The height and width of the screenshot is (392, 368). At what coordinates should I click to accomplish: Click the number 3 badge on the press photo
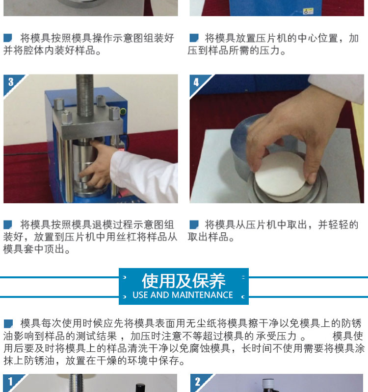[11, 82]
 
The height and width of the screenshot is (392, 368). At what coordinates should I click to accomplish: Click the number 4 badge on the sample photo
[196, 82]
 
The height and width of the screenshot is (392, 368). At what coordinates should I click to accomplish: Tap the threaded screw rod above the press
[84, 95]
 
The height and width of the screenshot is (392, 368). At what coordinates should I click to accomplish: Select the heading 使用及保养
[184, 281]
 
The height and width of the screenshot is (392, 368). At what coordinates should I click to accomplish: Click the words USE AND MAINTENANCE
[183, 295]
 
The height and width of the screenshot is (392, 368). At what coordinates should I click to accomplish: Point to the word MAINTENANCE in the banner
[202, 295]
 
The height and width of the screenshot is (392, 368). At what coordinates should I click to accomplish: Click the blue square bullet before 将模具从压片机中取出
[194, 224]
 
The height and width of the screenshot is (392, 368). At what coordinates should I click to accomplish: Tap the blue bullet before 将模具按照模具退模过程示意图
[8, 224]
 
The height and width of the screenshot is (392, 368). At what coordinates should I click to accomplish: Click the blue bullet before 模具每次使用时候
[8, 323]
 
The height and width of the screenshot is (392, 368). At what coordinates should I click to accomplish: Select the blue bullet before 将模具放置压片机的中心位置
[194, 38]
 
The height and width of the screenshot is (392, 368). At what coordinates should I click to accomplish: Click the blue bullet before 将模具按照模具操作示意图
[8, 38]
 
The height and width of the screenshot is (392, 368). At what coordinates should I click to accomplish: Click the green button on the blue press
[123, 112]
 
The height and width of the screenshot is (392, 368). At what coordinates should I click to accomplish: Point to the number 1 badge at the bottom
[10, 382]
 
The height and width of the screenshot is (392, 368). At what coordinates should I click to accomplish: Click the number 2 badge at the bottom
[198, 382]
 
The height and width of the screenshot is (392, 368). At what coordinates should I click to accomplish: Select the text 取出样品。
[211, 237]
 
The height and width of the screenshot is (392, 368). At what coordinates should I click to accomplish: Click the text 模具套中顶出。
[36, 249]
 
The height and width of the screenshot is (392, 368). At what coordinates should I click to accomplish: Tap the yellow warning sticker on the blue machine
[308, 11]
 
